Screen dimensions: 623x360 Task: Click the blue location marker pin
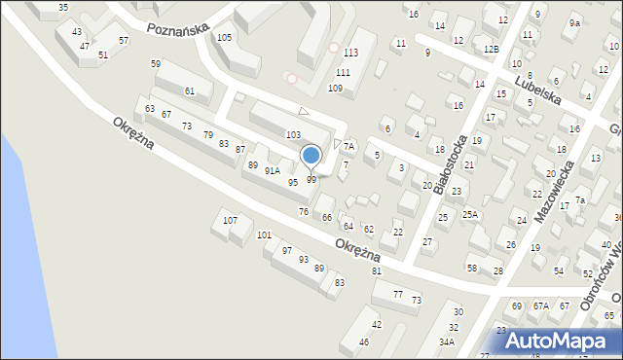(x=311, y=157)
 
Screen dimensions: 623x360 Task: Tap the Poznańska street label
(x=178, y=29)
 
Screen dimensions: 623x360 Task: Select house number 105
(x=224, y=38)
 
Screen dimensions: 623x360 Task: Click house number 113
(x=350, y=53)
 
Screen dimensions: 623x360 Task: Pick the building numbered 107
(x=230, y=221)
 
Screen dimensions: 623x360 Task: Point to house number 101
(x=264, y=235)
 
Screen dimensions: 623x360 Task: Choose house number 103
(x=292, y=134)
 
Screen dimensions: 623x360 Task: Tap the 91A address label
(x=273, y=170)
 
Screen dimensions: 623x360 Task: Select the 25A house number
(x=470, y=214)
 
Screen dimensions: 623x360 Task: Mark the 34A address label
(x=447, y=342)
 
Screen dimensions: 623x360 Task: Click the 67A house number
(x=540, y=306)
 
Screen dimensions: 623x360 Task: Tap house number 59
(x=156, y=64)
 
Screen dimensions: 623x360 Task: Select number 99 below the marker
(x=311, y=180)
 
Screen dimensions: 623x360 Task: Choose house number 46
(x=364, y=342)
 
